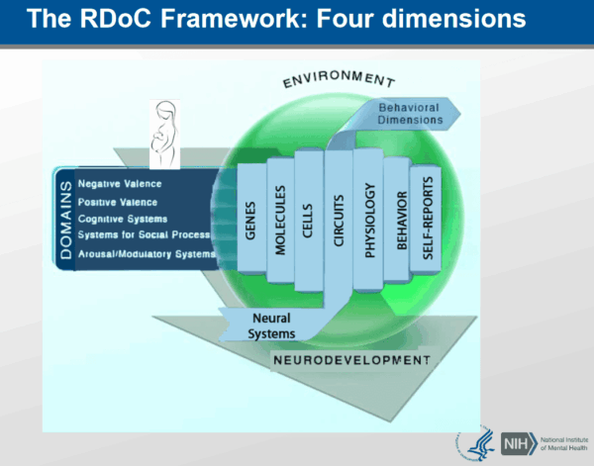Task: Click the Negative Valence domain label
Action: coord(119,183)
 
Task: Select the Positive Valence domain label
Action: coord(118,201)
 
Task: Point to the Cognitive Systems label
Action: coord(122,218)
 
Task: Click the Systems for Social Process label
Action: coord(143,234)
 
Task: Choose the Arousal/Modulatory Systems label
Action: coord(146,254)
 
